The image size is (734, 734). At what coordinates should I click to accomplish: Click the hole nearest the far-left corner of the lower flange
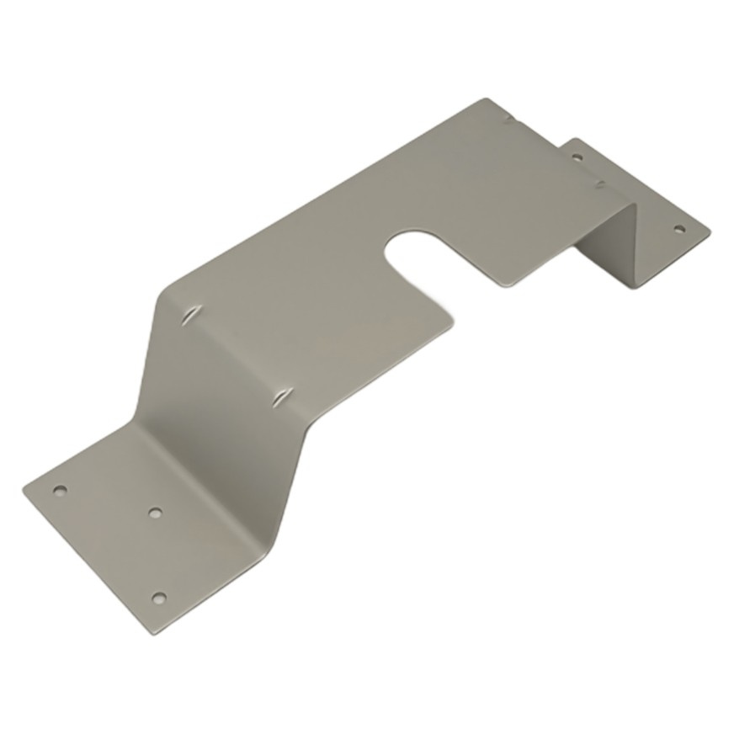click(59, 489)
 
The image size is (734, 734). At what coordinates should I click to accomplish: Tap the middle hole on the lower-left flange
click(154, 511)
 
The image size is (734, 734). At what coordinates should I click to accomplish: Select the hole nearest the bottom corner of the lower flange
click(158, 598)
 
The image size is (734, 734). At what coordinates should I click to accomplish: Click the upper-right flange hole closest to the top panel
click(577, 157)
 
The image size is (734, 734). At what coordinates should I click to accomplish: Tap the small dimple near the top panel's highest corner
click(508, 120)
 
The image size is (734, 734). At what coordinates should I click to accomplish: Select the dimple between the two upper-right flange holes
click(599, 183)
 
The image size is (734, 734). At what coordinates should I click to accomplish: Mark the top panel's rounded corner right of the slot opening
click(505, 285)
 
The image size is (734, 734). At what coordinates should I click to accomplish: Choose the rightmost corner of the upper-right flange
click(710, 228)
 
